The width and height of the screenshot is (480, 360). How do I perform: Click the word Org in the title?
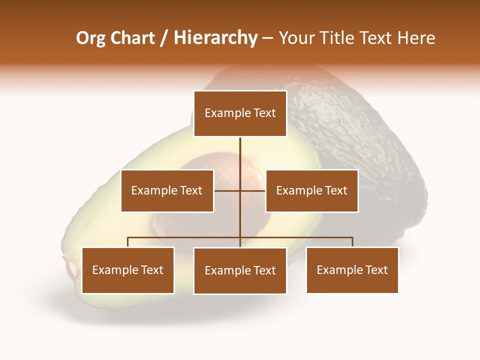tap(90, 38)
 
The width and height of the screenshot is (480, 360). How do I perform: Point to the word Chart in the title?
tap(132, 38)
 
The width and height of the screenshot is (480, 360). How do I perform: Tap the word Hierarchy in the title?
tap(215, 38)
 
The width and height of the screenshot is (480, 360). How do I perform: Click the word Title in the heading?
tap(338, 38)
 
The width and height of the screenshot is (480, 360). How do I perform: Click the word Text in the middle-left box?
tap(190, 190)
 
